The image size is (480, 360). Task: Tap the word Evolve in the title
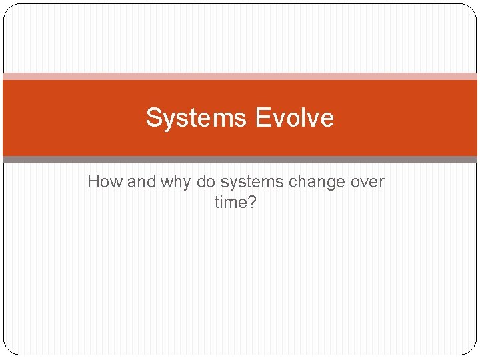tap(294, 118)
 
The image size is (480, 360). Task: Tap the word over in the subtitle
tap(367, 181)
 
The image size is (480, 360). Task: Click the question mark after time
tap(251, 202)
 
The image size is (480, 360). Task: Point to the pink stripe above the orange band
tap(240, 76)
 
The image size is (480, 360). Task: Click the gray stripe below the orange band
tap(240, 159)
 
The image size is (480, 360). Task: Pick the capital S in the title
tap(154, 118)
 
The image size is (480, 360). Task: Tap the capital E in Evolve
tap(262, 118)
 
